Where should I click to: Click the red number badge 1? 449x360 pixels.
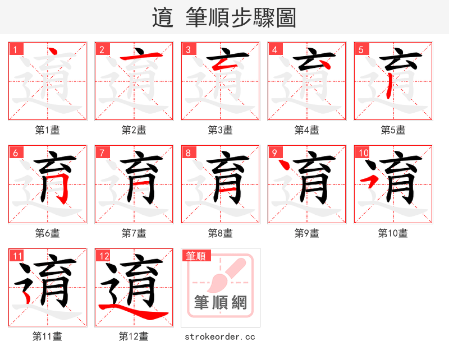(15, 49)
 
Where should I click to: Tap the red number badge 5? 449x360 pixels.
(361, 49)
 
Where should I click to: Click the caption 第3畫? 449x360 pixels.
(220, 130)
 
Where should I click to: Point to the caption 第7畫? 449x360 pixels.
(134, 233)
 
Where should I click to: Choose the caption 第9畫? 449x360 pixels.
(306, 233)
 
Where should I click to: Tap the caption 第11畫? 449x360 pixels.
(47, 336)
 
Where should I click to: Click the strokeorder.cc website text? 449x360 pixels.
(220, 336)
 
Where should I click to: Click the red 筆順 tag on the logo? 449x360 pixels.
(196, 256)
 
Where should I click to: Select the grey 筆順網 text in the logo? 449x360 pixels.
(221, 303)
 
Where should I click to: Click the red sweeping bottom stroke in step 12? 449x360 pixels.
(135, 313)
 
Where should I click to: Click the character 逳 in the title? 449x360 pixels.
(162, 17)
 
